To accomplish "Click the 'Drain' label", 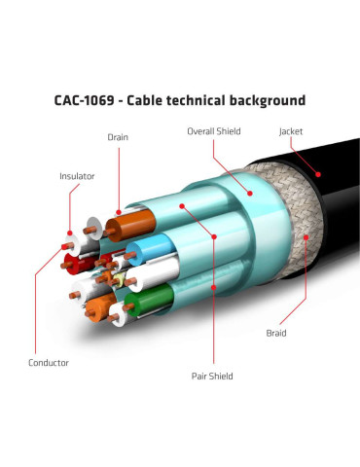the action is (118, 137).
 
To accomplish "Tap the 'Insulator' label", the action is (77, 176).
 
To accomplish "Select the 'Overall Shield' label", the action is (214, 131).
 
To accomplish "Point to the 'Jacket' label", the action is (291, 131).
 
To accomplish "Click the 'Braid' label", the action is (276, 333).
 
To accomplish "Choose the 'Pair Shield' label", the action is (212, 377).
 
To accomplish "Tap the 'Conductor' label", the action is (49, 363).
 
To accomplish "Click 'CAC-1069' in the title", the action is (84, 100).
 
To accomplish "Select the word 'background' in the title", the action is (268, 101).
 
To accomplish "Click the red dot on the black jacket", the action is (318, 174).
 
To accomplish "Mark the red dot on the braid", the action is (306, 237).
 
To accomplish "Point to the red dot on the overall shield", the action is (250, 194).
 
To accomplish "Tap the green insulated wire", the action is (149, 300).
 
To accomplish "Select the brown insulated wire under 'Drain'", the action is (129, 226).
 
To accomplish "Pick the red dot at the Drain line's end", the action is (119, 213).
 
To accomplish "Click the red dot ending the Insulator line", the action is (70, 233).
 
